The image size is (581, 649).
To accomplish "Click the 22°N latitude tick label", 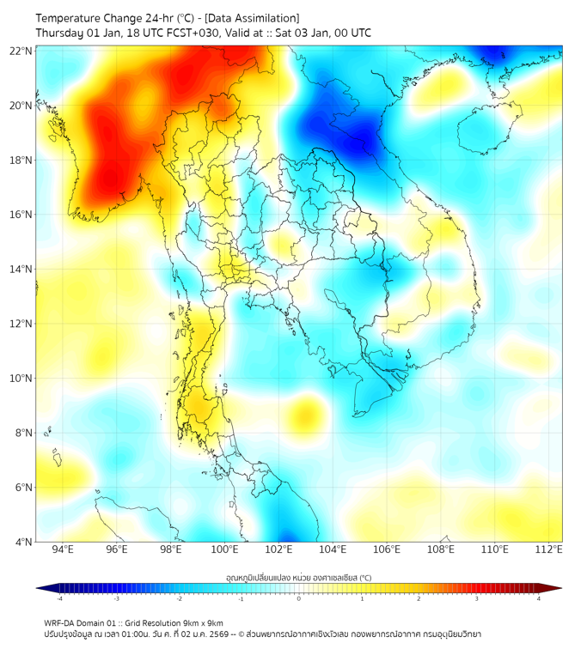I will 21,51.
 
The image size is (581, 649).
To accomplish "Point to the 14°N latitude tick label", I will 21,270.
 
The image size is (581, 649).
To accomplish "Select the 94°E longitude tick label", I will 63,549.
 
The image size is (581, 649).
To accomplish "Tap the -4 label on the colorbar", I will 58,598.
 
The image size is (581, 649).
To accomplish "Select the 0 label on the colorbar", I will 299,598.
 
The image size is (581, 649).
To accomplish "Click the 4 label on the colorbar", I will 539,598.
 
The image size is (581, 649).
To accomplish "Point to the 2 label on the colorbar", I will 419,598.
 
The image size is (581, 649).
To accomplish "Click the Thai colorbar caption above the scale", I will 298,577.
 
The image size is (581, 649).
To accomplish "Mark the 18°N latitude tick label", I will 21,161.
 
